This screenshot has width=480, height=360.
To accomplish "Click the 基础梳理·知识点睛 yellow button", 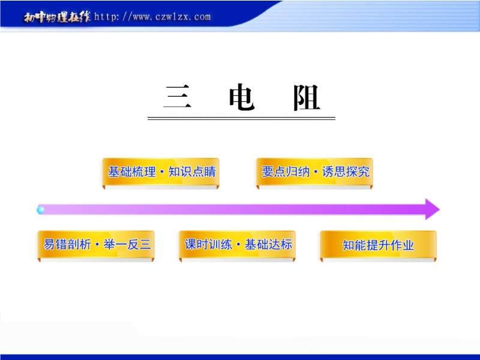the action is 161,172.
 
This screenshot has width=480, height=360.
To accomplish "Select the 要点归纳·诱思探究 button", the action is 314,172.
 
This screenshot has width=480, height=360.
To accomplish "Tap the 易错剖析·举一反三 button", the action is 96,245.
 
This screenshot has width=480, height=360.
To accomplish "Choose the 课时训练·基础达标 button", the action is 237,245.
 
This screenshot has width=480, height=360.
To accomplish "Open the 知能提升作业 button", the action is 378,245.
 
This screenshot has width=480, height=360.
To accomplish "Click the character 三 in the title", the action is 178,97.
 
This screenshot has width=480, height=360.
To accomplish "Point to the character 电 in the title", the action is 242,97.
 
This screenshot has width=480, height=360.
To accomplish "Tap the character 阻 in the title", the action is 307,98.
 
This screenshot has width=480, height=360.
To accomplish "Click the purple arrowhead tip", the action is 440,209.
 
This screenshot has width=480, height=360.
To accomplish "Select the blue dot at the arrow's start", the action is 41,209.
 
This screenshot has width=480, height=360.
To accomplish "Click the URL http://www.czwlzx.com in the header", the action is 152,17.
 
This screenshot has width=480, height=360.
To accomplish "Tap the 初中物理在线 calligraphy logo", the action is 57,17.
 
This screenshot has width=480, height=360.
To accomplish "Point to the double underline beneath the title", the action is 242,118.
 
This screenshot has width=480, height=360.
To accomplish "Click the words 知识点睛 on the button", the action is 192,172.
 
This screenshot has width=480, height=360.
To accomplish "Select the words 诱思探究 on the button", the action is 346,172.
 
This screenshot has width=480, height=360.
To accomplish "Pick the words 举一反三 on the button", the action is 127,245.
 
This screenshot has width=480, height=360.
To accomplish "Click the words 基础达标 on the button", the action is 268,245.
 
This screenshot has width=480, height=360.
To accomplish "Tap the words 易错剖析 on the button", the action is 67,245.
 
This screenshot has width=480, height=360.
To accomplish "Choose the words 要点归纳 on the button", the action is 286,172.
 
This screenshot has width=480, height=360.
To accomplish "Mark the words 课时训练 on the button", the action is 208,245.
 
